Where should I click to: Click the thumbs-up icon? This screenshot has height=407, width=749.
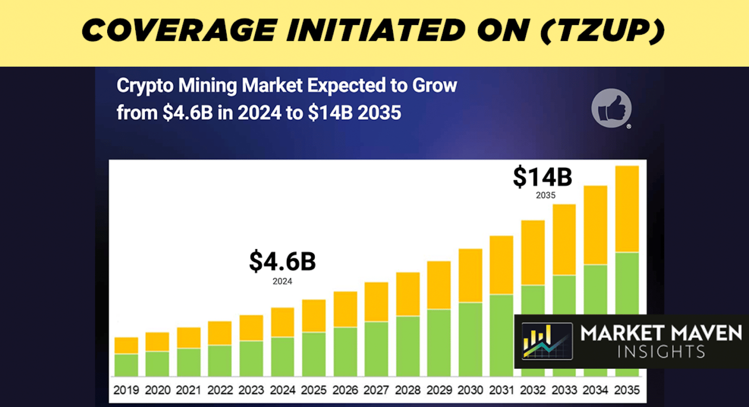point(611,108)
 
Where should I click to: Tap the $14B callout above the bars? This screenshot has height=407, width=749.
point(543,177)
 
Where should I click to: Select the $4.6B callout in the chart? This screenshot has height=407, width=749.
point(282,261)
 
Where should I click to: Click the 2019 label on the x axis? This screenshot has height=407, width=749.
point(126,390)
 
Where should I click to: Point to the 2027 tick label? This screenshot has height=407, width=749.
point(376,390)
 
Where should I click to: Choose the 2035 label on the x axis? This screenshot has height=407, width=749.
point(627,390)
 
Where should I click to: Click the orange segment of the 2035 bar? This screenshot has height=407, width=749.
point(627,209)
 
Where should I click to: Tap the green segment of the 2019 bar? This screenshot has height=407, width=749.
point(126,365)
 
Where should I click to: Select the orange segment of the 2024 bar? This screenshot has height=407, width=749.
point(282,322)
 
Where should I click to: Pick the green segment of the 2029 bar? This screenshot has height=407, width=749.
point(439,342)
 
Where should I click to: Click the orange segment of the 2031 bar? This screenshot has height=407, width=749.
point(501,265)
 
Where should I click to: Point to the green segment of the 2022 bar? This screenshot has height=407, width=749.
point(220,360)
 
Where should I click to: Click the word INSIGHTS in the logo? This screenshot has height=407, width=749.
point(661,352)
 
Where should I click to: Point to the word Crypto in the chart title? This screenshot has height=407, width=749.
point(145,86)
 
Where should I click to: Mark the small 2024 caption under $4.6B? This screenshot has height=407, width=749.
point(282,281)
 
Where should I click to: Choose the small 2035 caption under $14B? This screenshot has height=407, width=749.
point(545,195)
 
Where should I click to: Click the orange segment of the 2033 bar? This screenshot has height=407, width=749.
point(564,239)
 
